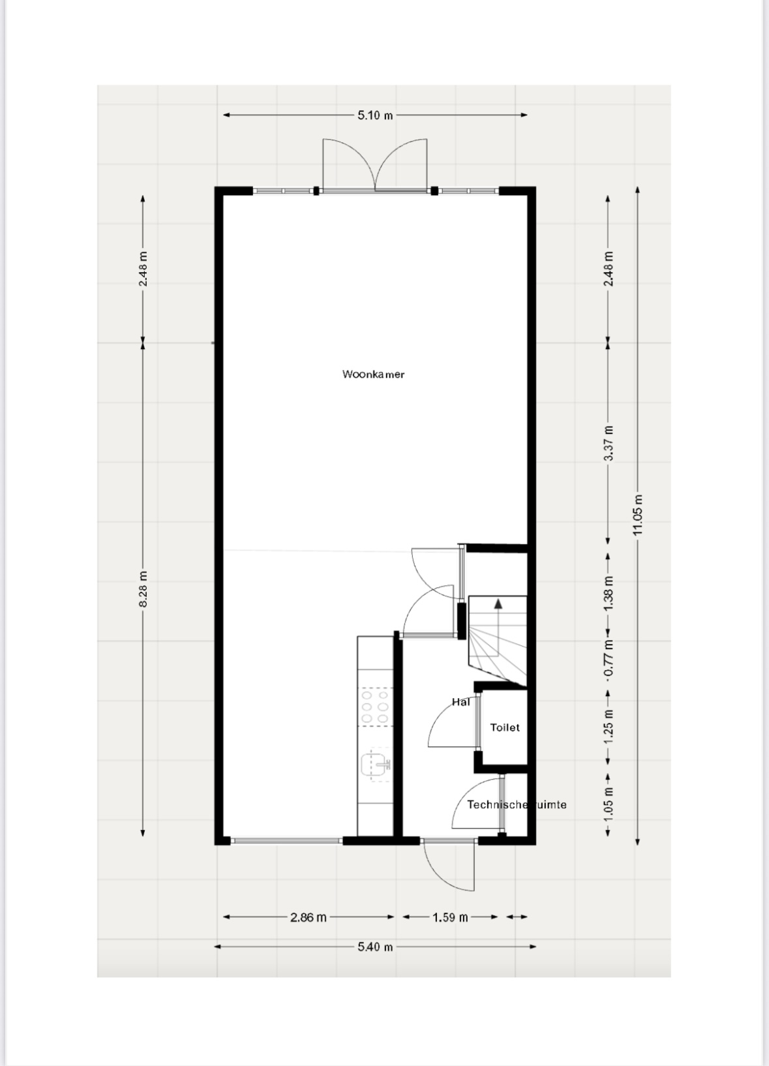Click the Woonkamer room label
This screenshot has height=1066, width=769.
coord(373,374)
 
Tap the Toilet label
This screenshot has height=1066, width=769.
coord(505,727)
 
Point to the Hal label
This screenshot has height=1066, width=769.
coord(460,701)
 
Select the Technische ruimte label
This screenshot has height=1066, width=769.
coord(517,804)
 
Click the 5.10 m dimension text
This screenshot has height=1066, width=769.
coord(376,115)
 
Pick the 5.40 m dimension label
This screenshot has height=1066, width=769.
coord(376,947)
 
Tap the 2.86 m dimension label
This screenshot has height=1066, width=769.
coord(309,917)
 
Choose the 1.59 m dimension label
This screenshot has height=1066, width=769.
coord(450,917)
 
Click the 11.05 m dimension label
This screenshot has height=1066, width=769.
coord(638,515)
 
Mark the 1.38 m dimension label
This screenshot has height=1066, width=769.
coord(608,594)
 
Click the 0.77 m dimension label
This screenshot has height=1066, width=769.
coord(608,658)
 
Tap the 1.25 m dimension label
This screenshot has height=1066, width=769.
coord(608,727)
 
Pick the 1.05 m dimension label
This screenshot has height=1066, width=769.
coord(608,803)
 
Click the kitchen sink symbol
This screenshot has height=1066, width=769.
coord(376,765)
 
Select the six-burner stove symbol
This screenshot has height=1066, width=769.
coord(376,707)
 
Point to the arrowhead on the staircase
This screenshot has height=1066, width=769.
coord(498,604)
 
